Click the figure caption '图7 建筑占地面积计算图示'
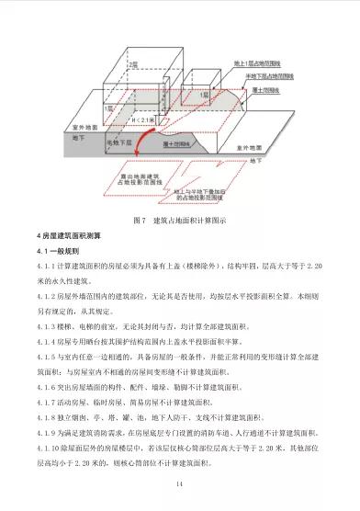179,220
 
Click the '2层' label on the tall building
133,64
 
